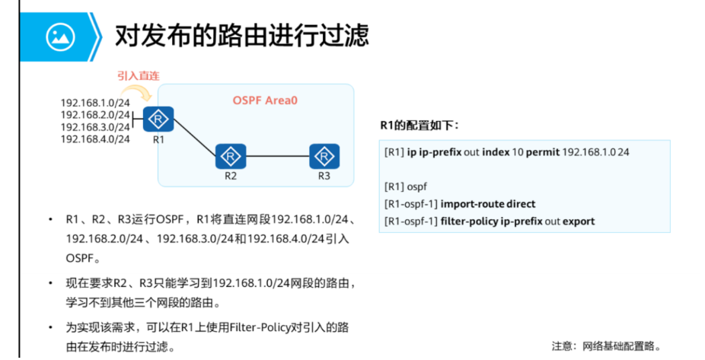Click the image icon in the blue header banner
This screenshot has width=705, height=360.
pyautogui.click(x=58, y=35)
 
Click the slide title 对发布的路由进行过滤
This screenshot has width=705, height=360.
pyautogui.click(x=241, y=35)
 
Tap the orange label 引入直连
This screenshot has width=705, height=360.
pyautogui.click(x=138, y=76)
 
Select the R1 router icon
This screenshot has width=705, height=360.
pyautogui.click(x=158, y=119)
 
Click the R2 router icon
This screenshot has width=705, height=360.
pyautogui.click(x=230, y=157)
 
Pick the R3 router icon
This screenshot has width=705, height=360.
pyautogui.click(x=324, y=157)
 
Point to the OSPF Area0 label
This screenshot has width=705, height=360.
pyautogui.click(x=264, y=100)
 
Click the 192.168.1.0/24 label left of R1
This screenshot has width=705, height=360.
pyautogui.click(x=95, y=103)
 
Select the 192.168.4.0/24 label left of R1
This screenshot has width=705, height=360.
pyautogui.click(x=95, y=139)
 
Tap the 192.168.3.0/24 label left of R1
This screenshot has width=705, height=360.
pyautogui.click(x=95, y=127)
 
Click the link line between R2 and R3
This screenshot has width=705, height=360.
pyautogui.click(x=277, y=157)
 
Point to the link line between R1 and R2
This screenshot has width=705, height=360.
pyautogui.click(x=194, y=139)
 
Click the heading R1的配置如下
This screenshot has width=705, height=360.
pyautogui.click(x=419, y=125)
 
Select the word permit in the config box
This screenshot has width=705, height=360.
pyautogui.click(x=541, y=152)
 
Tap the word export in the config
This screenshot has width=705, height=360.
pyautogui.click(x=579, y=221)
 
